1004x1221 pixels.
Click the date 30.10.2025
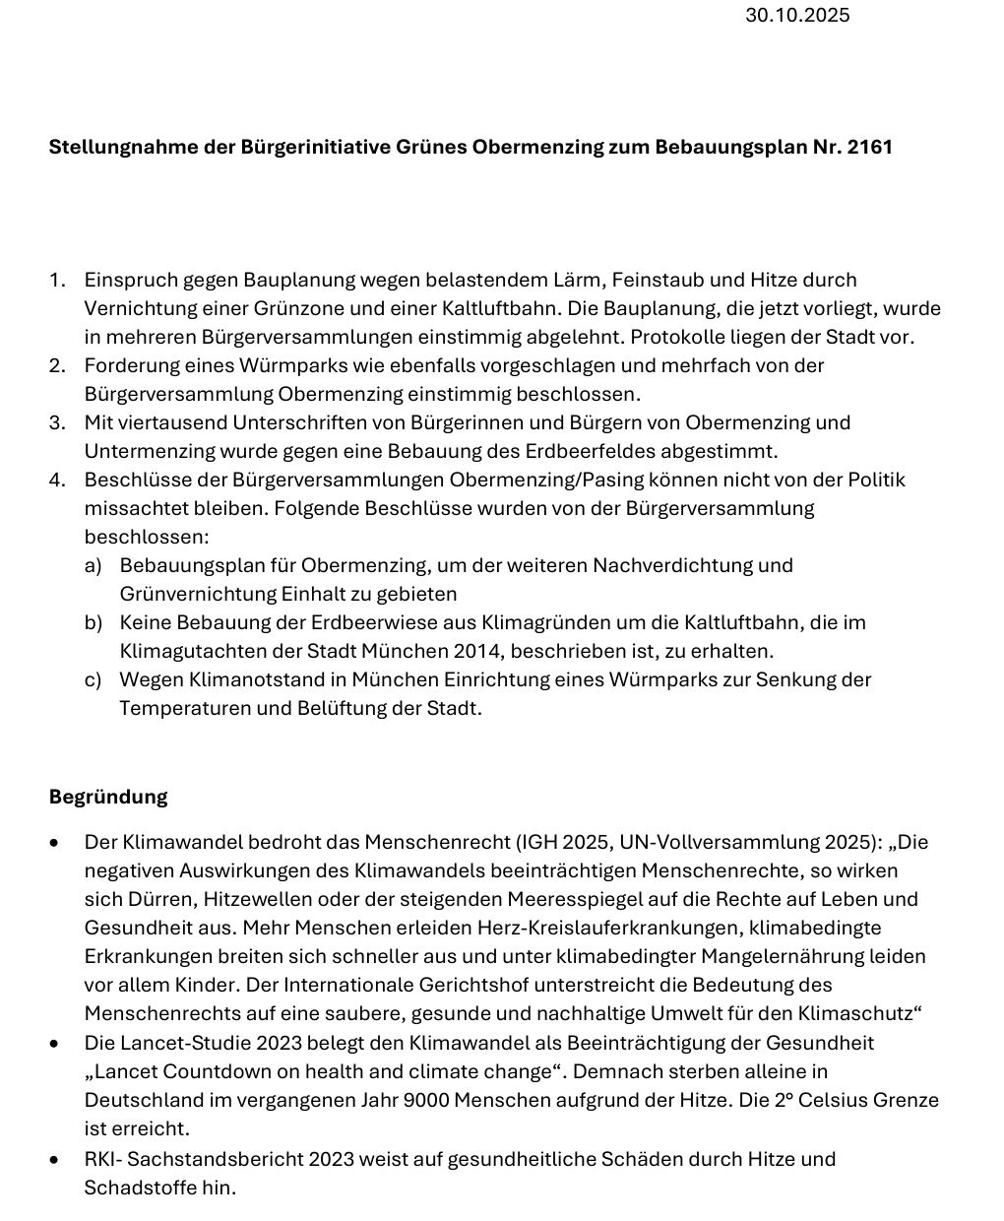(797, 15)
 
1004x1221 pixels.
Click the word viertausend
(177, 422)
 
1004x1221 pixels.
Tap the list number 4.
(57, 480)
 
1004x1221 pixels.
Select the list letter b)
(94, 622)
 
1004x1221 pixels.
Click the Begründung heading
(108, 797)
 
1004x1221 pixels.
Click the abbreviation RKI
(103, 1159)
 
